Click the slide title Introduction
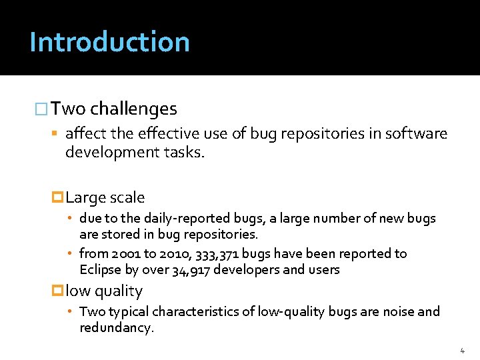point(109,41)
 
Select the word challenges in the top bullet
point(133,109)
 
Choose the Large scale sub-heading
point(105,197)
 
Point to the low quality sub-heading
point(104,291)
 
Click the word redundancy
point(116,328)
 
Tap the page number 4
point(462,350)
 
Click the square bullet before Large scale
point(57,198)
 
